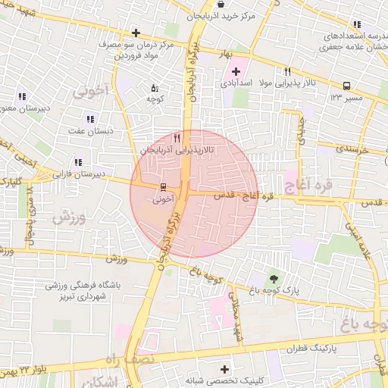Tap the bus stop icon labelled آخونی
[x=163, y=187]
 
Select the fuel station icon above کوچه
[x=155, y=88]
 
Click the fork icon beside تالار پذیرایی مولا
[x=288, y=72]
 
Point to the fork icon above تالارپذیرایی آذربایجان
[x=177, y=138]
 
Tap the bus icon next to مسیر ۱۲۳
[x=346, y=86]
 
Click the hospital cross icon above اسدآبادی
[x=236, y=71]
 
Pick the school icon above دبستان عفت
[x=91, y=119]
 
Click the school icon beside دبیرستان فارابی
[x=78, y=162]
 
